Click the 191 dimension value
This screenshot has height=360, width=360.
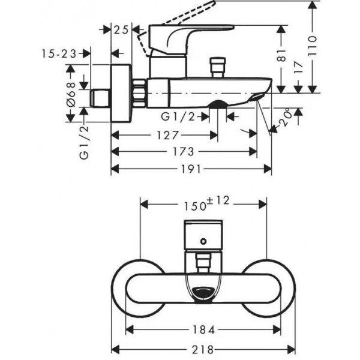pyautogui.click(x=191, y=169)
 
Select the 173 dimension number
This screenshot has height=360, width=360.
pyautogui.click(x=183, y=152)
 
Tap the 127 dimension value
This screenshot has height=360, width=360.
pyautogui.click(x=167, y=135)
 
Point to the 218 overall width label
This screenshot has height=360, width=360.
pyautogui.click(x=203, y=350)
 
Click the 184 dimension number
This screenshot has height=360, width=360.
pyautogui.click(x=203, y=330)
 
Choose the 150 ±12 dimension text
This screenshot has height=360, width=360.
pyautogui.click(x=206, y=203)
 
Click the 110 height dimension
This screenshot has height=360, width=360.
pyautogui.click(x=312, y=46)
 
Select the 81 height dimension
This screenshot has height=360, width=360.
pyautogui.click(x=281, y=56)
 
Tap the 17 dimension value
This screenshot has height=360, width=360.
pyautogui.click(x=298, y=67)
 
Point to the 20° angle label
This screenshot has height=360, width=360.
pyautogui.click(x=286, y=118)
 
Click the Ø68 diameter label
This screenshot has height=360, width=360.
pyautogui.click(x=71, y=94)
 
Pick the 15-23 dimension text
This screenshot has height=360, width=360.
pyautogui.click(x=59, y=54)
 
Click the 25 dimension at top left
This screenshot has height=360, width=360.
pyautogui.click(x=121, y=29)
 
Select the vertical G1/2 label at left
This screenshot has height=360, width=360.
pyautogui.click(x=84, y=142)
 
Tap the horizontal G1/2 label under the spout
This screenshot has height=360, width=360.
pyautogui.click(x=178, y=117)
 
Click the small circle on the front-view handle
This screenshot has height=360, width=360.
pyautogui.click(x=203, y=241)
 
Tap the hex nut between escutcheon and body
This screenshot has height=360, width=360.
pyautogui.click(x=140, y=93)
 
